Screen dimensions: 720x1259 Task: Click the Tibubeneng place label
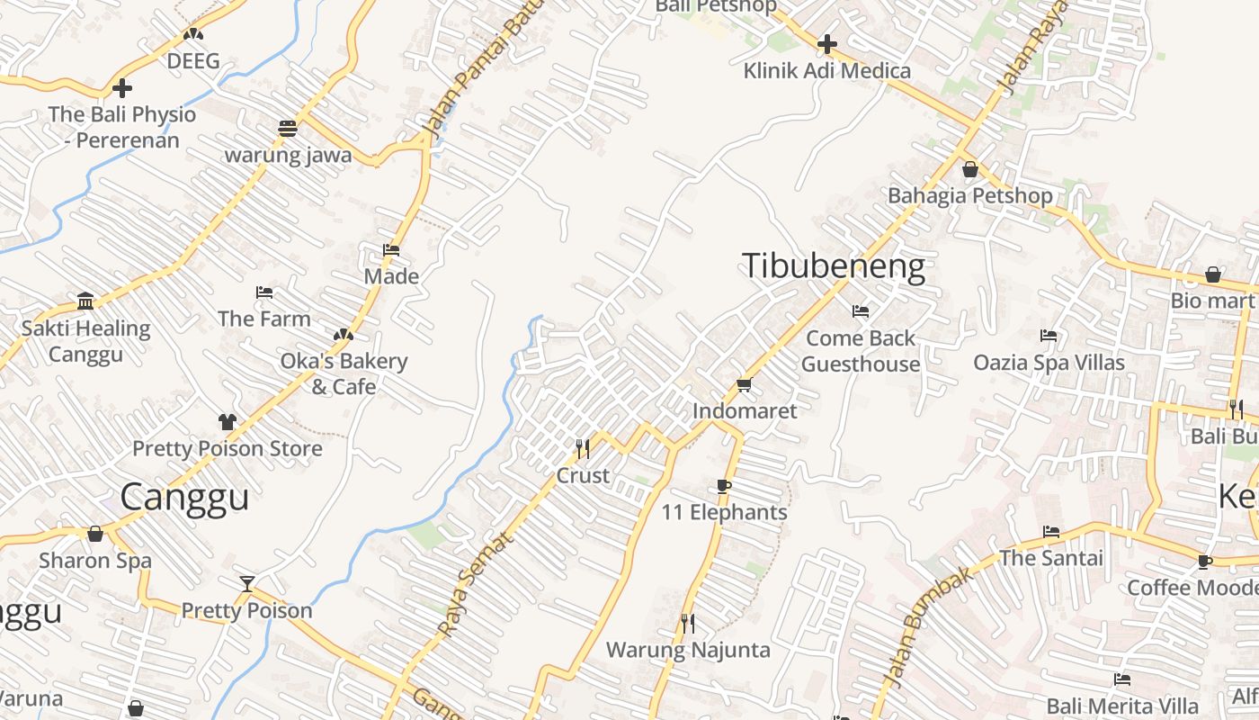(x=833, y=267)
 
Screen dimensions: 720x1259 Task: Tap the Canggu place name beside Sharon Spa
(x=184, y=497)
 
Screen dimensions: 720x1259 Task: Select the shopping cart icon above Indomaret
(x=744, y=385)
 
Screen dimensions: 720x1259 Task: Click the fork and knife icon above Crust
(x=582, y=447)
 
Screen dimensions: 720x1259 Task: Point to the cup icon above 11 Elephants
(x=724, y=487)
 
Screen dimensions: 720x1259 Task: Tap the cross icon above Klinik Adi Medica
(x=826, y=43)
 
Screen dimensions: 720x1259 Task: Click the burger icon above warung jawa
(x=288, y=129)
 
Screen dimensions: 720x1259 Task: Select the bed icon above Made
(x=391, y=250)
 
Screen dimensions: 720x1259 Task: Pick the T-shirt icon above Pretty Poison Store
(x=227, y=422)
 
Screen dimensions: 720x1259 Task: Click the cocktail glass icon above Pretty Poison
(x=246, y=584)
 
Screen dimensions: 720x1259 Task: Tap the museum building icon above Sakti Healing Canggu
(x=85, y=301)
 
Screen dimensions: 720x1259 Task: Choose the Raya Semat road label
(x=477, y=583)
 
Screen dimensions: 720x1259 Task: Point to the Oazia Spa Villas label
(x=1049, y=363)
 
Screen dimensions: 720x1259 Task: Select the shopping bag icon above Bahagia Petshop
(x=969, y=169)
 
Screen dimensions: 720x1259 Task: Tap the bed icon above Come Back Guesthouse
(x=861, y=311)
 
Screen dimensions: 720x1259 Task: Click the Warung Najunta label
(x=688, y=650)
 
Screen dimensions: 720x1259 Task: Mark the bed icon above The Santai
(x=1050, y=532)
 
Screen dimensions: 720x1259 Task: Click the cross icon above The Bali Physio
(x=122, y=88)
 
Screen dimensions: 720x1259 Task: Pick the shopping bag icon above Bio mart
(x=1212, y=274)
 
